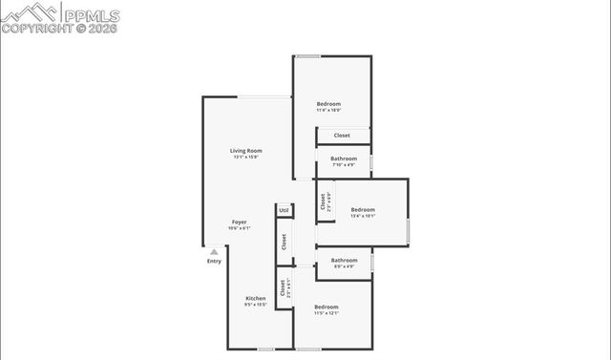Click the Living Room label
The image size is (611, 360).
[246, 151]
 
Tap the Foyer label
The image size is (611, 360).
[239, 222]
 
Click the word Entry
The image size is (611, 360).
[214, 262]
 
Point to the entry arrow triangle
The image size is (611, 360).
[214, 252]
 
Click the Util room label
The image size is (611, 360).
[284, 210]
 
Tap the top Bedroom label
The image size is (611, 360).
[328, 104]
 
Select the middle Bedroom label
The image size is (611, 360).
[363, 209]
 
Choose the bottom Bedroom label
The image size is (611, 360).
[327, 307]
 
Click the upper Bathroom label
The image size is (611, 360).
[344, 159]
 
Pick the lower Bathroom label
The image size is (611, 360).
[344, 260]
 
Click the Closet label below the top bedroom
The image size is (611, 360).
[342, 136]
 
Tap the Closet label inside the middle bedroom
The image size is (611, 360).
[324, 202]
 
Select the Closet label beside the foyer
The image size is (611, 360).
[284, 243]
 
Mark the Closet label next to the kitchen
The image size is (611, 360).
[282, 287]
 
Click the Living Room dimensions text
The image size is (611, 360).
[246, 158]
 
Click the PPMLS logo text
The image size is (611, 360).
[92, 13]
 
